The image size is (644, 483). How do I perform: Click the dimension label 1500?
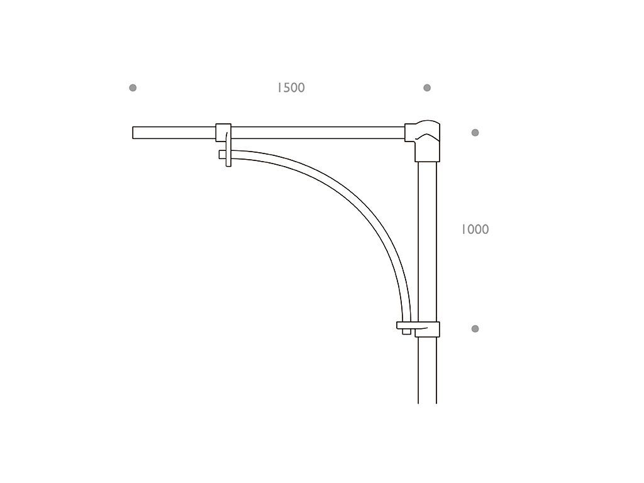click(291, 88)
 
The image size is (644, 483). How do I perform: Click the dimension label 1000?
click(475, 230)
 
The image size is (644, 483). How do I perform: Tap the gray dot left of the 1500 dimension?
click(133, 87)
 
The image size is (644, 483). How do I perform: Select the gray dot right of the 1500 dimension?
click(427, 87)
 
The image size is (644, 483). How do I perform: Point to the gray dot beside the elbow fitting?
click(475, 133)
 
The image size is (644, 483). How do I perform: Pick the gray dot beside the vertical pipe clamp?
click(475, 329)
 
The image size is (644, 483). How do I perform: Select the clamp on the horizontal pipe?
click(223, 133)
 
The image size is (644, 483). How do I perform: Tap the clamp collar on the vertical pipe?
click(426, 328)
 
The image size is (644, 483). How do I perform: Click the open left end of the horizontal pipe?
click(135, 133)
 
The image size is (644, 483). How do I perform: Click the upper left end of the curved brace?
click(222, 154)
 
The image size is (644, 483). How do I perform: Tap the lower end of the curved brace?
click(406, 330)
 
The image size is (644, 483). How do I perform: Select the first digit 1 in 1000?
click(463, 230)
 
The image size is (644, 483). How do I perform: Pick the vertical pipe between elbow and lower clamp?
click(427, 239)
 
